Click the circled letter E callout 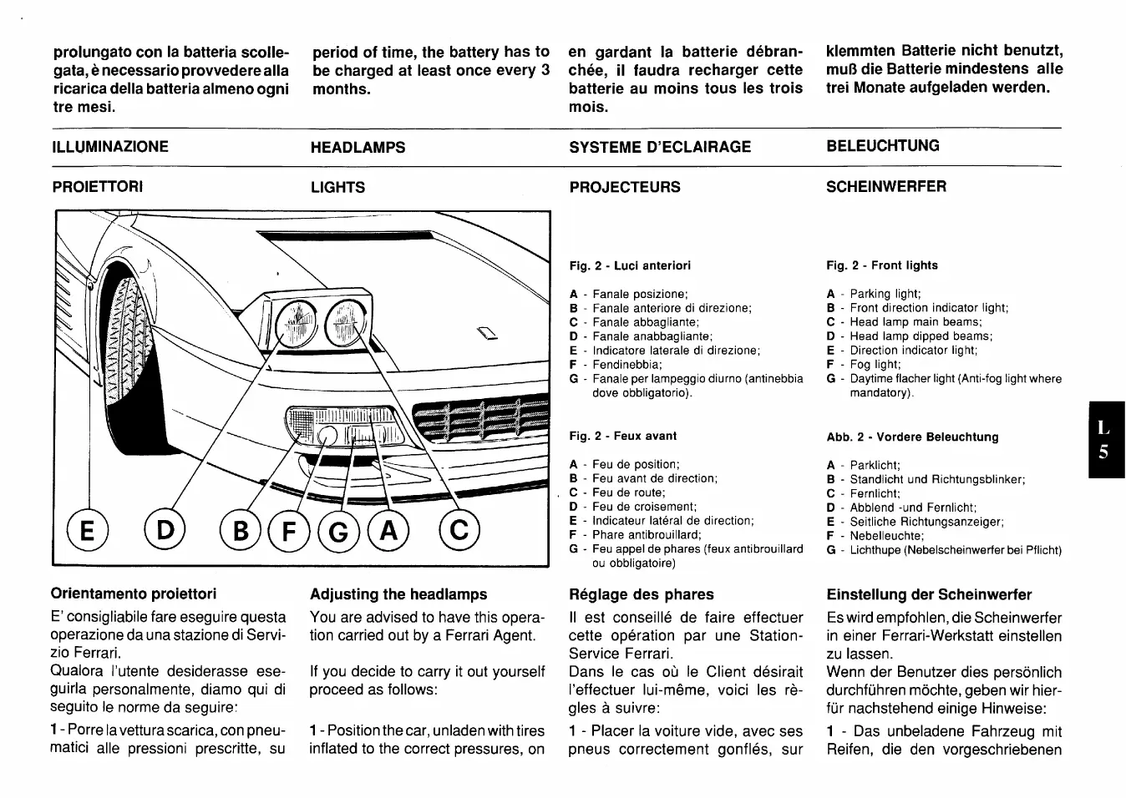(84, 531)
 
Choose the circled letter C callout (459, 531)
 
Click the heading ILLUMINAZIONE (110, 147)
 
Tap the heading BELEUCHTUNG (883, 146)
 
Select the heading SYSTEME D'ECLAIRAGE (660, 147)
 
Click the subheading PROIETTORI (98, 186)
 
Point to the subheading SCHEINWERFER (886, 186)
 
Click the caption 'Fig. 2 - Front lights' (882, 265)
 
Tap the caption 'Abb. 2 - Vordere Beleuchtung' (912, 437)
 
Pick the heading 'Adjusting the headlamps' (398, 594)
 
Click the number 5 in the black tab (1103, 452)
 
